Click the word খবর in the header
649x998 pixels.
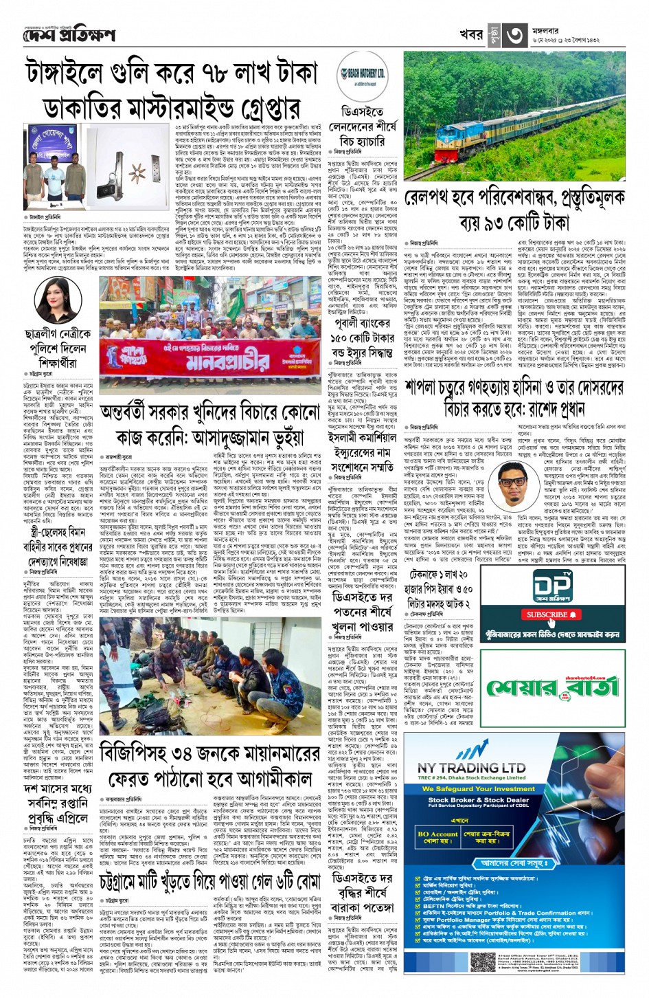[471, 35]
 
